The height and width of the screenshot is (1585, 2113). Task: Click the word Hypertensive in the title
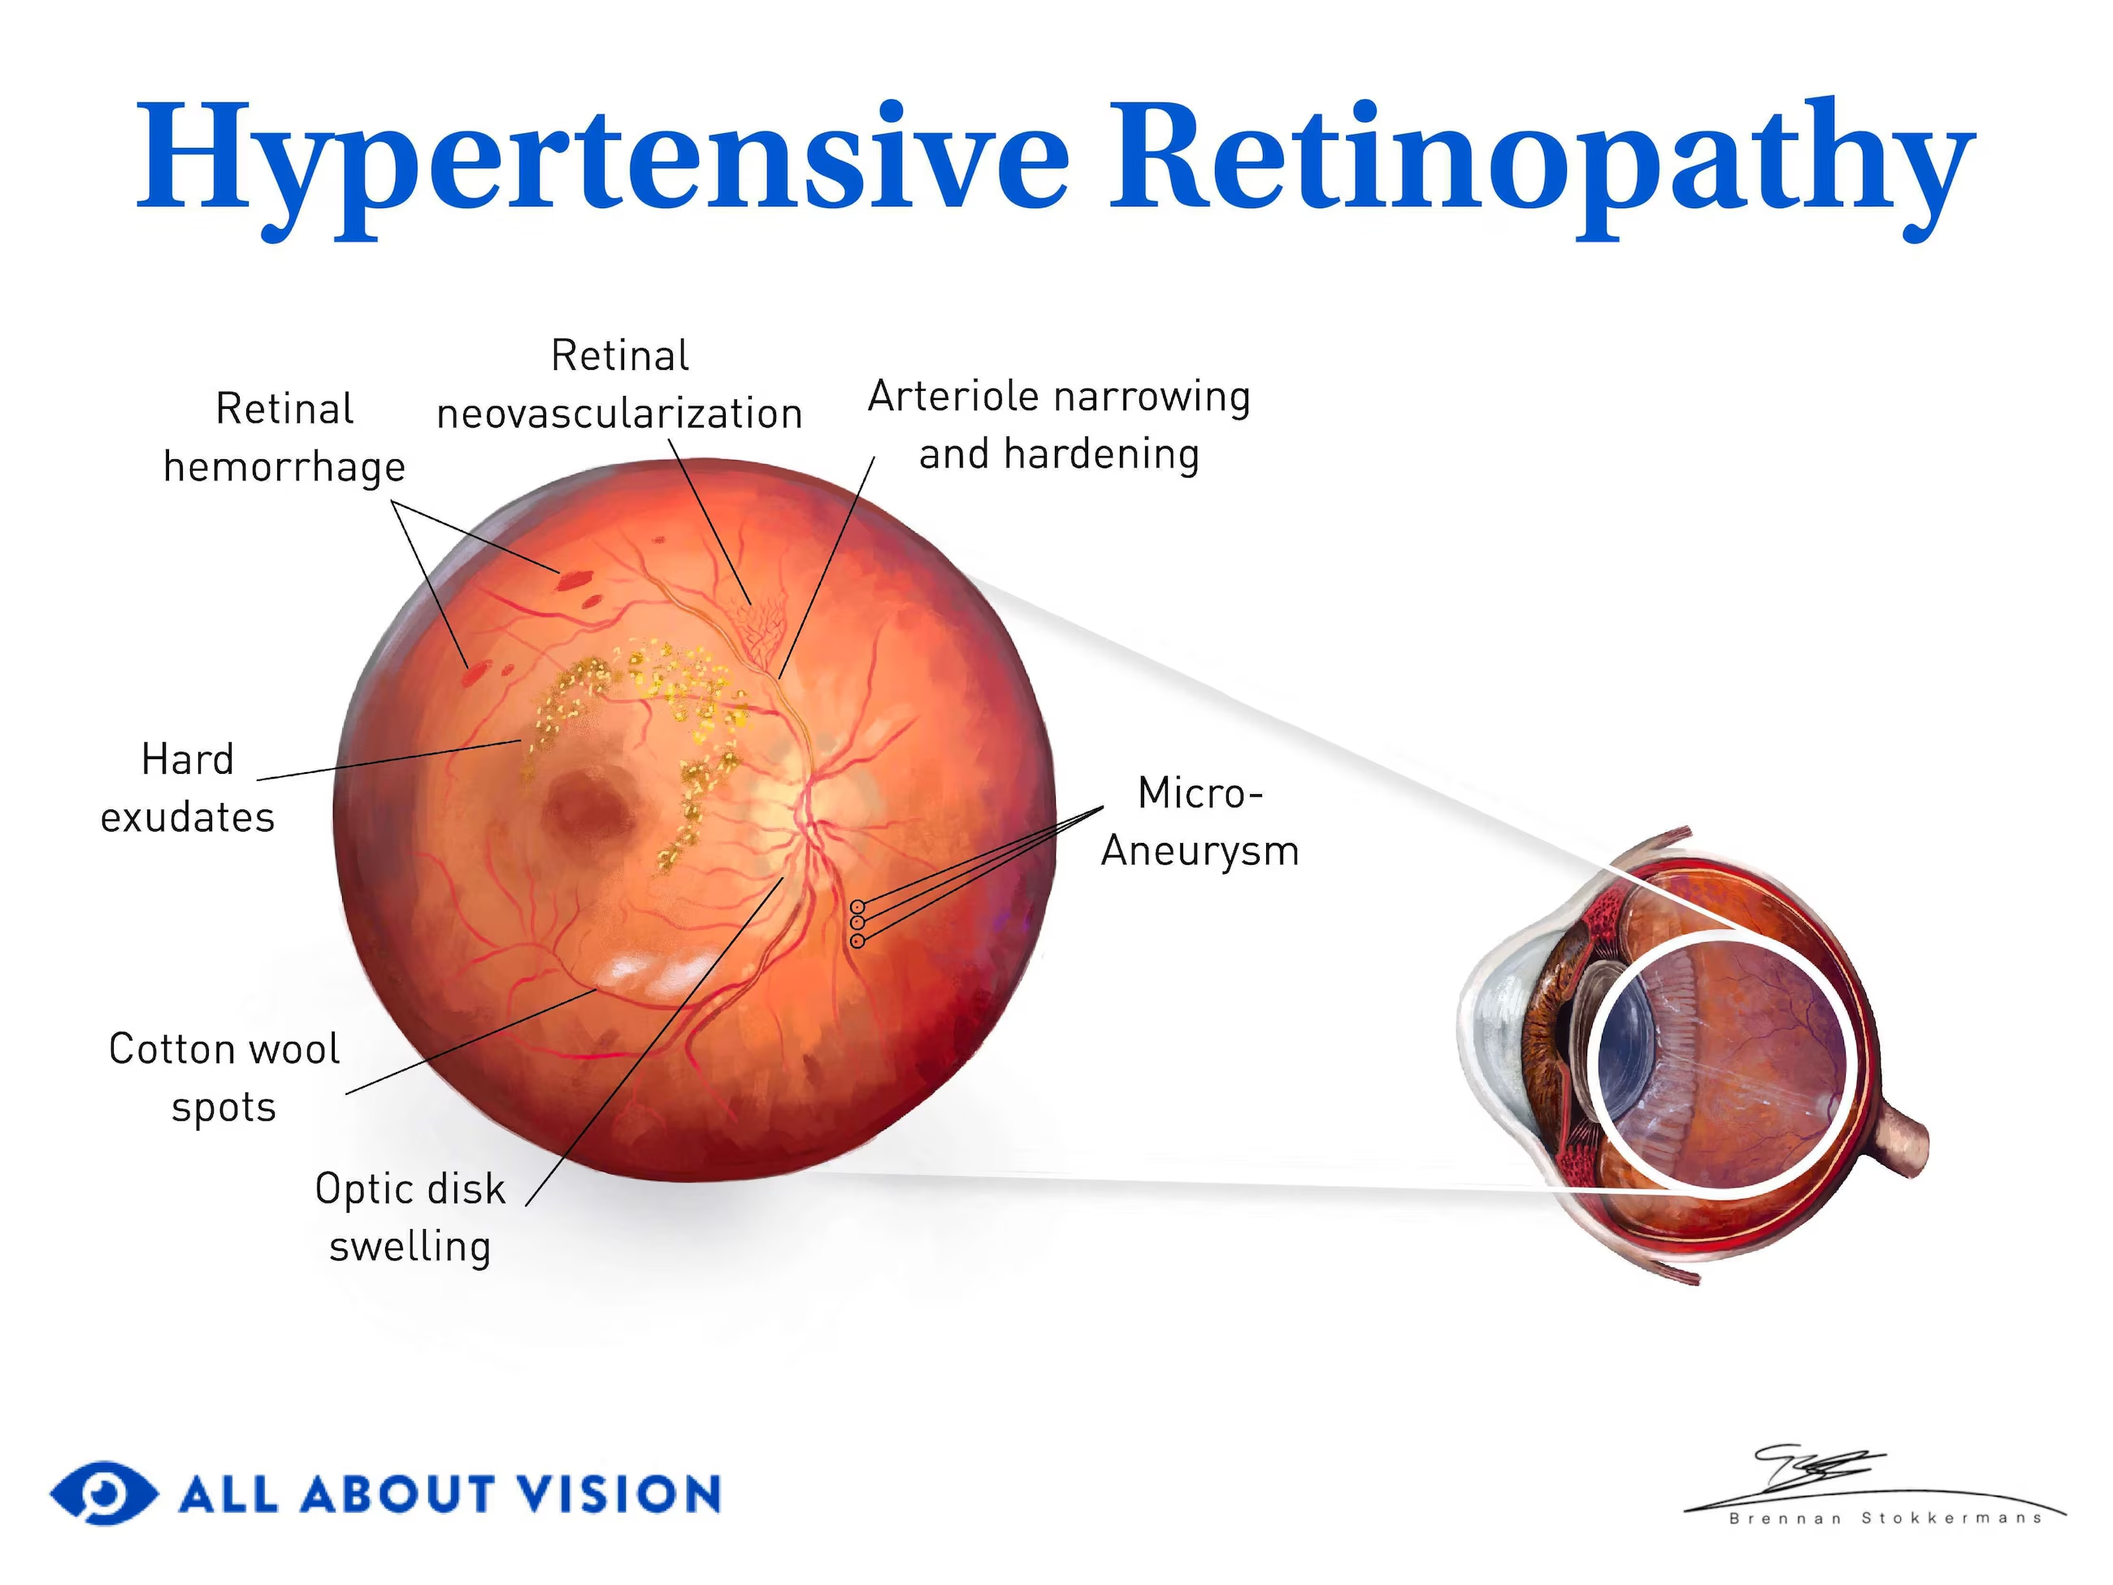click(602, 158)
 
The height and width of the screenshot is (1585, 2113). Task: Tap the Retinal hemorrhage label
click(284, 437)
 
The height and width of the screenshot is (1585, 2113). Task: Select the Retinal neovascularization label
click(619, 385)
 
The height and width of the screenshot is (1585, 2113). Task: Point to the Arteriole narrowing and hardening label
click(1058, 425)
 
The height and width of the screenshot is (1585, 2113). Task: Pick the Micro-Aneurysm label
click(1200, 822)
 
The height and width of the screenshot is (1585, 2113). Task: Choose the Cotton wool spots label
click(223, 1078)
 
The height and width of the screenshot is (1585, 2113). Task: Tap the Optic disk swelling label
click(410, 1217)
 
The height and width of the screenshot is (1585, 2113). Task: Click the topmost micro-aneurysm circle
click(858, 906)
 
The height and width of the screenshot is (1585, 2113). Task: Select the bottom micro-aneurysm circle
click(858, 941)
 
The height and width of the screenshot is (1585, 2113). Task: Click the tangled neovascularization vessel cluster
click(759, 631)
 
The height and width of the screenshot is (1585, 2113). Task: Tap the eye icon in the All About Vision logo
click(103, 1492)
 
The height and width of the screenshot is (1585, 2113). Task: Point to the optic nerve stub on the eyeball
click(1901, 1142)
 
